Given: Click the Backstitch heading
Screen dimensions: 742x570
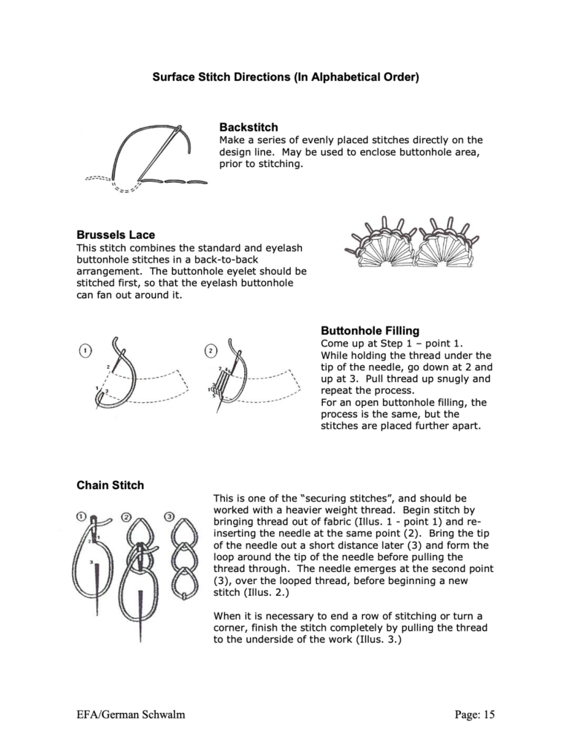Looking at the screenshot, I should tap(249, 128).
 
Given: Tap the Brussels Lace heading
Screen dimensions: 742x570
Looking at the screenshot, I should tap(116, 234).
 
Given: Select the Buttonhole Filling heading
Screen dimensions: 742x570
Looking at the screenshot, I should tap(370, 329).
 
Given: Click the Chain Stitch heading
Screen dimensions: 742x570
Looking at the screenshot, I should tap(111, 485).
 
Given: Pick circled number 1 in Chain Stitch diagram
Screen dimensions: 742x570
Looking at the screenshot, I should tap(81, 516).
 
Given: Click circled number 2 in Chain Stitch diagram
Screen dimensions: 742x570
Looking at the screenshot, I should tap(126, 516).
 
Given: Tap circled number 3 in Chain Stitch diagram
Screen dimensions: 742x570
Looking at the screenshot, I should tap(170, 516).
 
